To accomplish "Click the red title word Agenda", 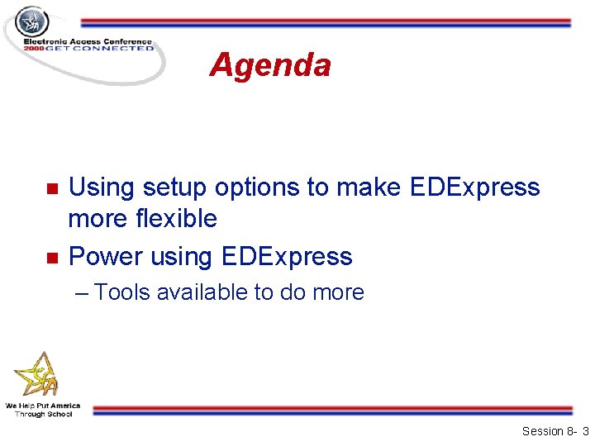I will [x=270, y=64].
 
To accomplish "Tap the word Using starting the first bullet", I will [x=102, y=187].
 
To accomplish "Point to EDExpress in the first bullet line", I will [x=474, y=187].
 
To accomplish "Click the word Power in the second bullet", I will [x=105, y=257].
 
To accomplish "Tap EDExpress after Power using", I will [x=287, y=257].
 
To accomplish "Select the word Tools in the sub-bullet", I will [x=122, y=292].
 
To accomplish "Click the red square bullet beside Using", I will [x=51, y=188].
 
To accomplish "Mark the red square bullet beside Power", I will [x=51, y=258].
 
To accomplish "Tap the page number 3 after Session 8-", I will [x=585, y=431].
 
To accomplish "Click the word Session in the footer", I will [x=544, y=431].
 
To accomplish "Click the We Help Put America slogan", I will [x=43, y=406].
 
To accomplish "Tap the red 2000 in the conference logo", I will [x=34, y=49].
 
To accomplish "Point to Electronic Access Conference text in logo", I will [x=87, y=41].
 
